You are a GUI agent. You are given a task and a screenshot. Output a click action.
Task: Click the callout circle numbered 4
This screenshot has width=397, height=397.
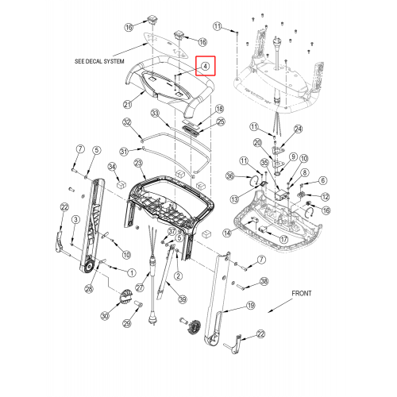[206, 66]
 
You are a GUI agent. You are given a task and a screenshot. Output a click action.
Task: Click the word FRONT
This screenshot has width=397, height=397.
[302, 293]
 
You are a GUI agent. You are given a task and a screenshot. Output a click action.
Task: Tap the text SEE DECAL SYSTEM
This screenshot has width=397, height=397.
[99, 61]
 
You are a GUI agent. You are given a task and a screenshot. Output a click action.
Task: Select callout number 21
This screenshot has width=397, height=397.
[128, 105]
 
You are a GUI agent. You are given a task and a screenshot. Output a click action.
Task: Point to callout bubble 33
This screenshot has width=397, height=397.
[155, 114]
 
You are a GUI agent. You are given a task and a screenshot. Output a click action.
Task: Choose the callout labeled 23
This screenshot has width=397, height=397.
[139, 163]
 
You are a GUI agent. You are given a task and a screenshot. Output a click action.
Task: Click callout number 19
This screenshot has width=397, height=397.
[251, 306]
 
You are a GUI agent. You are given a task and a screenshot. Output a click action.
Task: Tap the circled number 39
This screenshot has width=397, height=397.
[183, 299]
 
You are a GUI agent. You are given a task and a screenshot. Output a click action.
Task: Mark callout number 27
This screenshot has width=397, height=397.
[140, 287]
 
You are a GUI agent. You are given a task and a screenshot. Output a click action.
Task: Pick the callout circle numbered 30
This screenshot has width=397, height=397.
[105, 316]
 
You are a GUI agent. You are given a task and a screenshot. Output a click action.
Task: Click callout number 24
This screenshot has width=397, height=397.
[299, 129]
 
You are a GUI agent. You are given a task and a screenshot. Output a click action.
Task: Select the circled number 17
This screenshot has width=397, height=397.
[284, 240]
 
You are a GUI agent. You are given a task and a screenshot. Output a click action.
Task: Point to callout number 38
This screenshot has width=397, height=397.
[264, 281]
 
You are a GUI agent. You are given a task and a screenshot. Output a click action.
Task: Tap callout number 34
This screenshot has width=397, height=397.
[112, 167]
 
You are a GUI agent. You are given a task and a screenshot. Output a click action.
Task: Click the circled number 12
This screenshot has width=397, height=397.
[326, 197]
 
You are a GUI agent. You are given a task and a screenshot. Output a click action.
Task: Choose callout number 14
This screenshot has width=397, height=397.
[227, 233]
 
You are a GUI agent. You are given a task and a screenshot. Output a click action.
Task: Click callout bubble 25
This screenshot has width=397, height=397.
[221, 121]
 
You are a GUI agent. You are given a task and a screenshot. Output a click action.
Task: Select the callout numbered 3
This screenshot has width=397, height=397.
[76, 219]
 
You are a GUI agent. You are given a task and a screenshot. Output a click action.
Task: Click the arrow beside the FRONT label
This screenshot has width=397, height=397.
[280, 306]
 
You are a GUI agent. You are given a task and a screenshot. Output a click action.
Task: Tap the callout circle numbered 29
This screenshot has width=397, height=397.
[127, 323]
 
